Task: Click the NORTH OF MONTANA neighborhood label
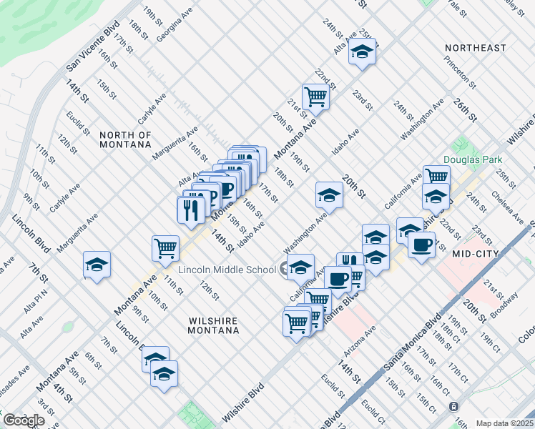(x=125, y=139)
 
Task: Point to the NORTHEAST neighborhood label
(x=475, y=48)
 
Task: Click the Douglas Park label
(x=473, y=159)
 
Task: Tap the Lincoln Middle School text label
(x=227, y=270)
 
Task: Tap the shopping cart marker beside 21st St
(x=315, y=95)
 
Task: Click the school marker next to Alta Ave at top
(x=363, y=51)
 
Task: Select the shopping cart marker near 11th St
(x=165, y=247)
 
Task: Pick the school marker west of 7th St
(x=97, y=264)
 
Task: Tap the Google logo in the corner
(x=24, y=420)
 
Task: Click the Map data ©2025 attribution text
(x=504, y=423)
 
